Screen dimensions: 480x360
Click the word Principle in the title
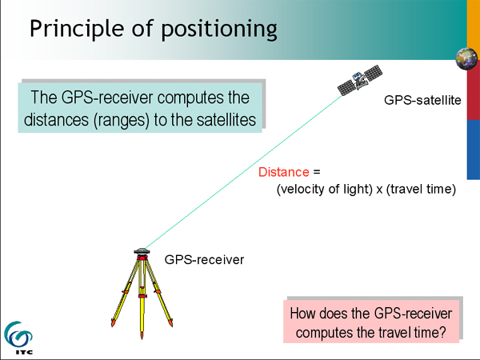pyautogui.click(x=77, y=29)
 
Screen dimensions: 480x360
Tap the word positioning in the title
pyautogui.click(x=219, y=30)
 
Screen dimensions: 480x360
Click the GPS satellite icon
pyautogui.click(x=360, y=80)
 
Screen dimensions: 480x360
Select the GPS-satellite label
pyautogui.click(x=422, y=100)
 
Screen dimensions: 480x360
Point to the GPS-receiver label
pyautogui.click(x=204, y=260)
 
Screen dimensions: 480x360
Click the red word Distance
pyautogui.click(x=284, y=172)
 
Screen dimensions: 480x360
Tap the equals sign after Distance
pyautogui.click(x=317, y=172)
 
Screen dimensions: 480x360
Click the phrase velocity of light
pyautogui.click(x=325, y=189)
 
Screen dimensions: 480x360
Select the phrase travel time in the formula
pyautogui.click(x=421, y=189)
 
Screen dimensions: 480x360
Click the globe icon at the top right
pyautogui.click(x=466, y=58)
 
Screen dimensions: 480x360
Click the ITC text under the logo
pyautogui.click(x=24, y=352)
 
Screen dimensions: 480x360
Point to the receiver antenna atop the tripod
pyautogui.click(x=142, y=251)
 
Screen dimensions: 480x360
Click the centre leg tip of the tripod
pyautogui.click(x=142, y=338)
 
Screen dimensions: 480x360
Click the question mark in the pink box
pyautogui.click(x=442, y=333)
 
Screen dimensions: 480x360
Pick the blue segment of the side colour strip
pyautogui.click(x=474, y=150)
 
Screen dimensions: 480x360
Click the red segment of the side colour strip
pyautogui.click(x=474, y=95)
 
